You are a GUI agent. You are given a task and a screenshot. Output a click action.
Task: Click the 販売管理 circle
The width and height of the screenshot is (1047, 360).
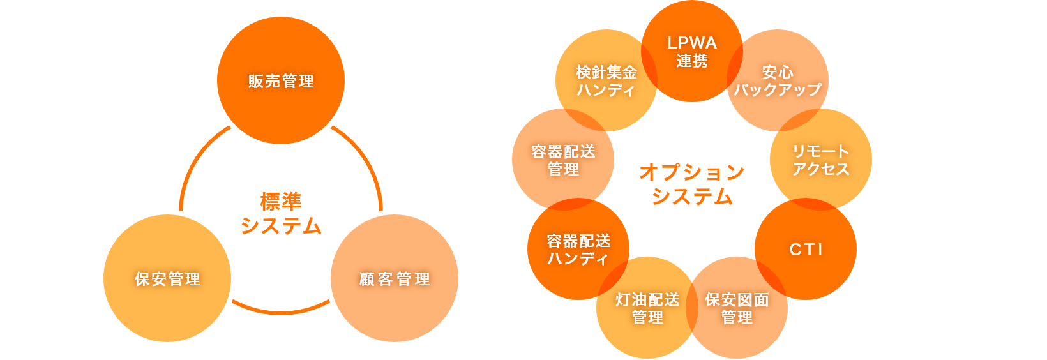click(281, 80)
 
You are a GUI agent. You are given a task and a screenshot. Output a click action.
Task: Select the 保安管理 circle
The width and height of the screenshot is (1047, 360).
click(167, 278)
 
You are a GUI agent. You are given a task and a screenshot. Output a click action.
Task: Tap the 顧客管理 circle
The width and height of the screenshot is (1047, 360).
click(395, 278)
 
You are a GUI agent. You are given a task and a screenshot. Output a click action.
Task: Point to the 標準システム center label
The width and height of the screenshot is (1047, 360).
click(281, 214)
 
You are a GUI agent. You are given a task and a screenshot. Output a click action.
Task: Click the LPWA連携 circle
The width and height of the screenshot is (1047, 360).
click(692, 51)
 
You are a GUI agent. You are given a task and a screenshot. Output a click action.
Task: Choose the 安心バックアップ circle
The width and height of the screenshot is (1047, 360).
click(778, 80)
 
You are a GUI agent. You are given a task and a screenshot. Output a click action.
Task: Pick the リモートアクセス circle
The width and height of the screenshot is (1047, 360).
click(821, 160)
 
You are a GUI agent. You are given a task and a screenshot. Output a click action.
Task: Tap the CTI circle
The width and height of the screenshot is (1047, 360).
click(806, 249)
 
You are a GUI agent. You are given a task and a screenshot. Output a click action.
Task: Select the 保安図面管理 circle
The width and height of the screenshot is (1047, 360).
click(737, 308)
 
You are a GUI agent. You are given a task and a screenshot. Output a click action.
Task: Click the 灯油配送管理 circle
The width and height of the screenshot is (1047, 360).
click(647, 308)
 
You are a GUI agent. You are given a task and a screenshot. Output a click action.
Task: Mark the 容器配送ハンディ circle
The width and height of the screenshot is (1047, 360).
click(578, 249)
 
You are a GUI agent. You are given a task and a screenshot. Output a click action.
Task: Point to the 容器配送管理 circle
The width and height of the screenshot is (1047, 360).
click(563, 160)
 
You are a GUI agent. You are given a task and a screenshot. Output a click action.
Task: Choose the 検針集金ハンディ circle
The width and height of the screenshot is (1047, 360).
click(606, 80)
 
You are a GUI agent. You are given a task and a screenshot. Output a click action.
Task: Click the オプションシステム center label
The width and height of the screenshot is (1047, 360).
click(692, 184)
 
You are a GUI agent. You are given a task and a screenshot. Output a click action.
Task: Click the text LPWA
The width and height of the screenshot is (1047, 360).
click(692, 43)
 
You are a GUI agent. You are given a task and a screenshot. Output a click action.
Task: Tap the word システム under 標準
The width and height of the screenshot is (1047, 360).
click(281, 226)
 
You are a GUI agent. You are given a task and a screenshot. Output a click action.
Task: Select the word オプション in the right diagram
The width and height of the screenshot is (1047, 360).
click(692, 172)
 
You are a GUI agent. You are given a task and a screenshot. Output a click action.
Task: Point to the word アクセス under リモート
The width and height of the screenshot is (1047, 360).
click(821, 169)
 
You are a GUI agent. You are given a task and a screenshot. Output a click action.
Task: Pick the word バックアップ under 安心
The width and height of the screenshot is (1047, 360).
click(778, 90)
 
